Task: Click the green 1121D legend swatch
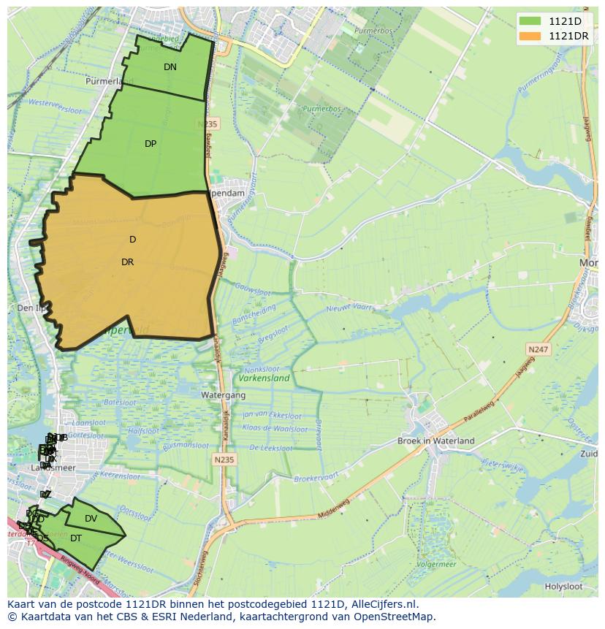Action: click(x=530, y=21)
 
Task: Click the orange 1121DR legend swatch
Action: click(x=530, y=36)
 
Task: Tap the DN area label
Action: click(x=170, y=67)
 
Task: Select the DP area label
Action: click(x=151, y=144)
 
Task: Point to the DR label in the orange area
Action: click(x=128, y=262)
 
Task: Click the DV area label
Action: click(x=91, y=519)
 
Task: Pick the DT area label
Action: click(x=76, y=538)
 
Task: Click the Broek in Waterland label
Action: click(x=435, y=441)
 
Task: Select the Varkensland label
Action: click(x=264, y=378)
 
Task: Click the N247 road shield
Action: click(x=539, y=350)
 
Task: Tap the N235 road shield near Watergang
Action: click(x=224, y=460)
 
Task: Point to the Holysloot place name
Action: click(x=563, y=587)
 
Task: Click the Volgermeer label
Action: click(x=436, y=565)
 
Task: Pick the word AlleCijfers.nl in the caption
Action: click(x=383, y=604)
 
